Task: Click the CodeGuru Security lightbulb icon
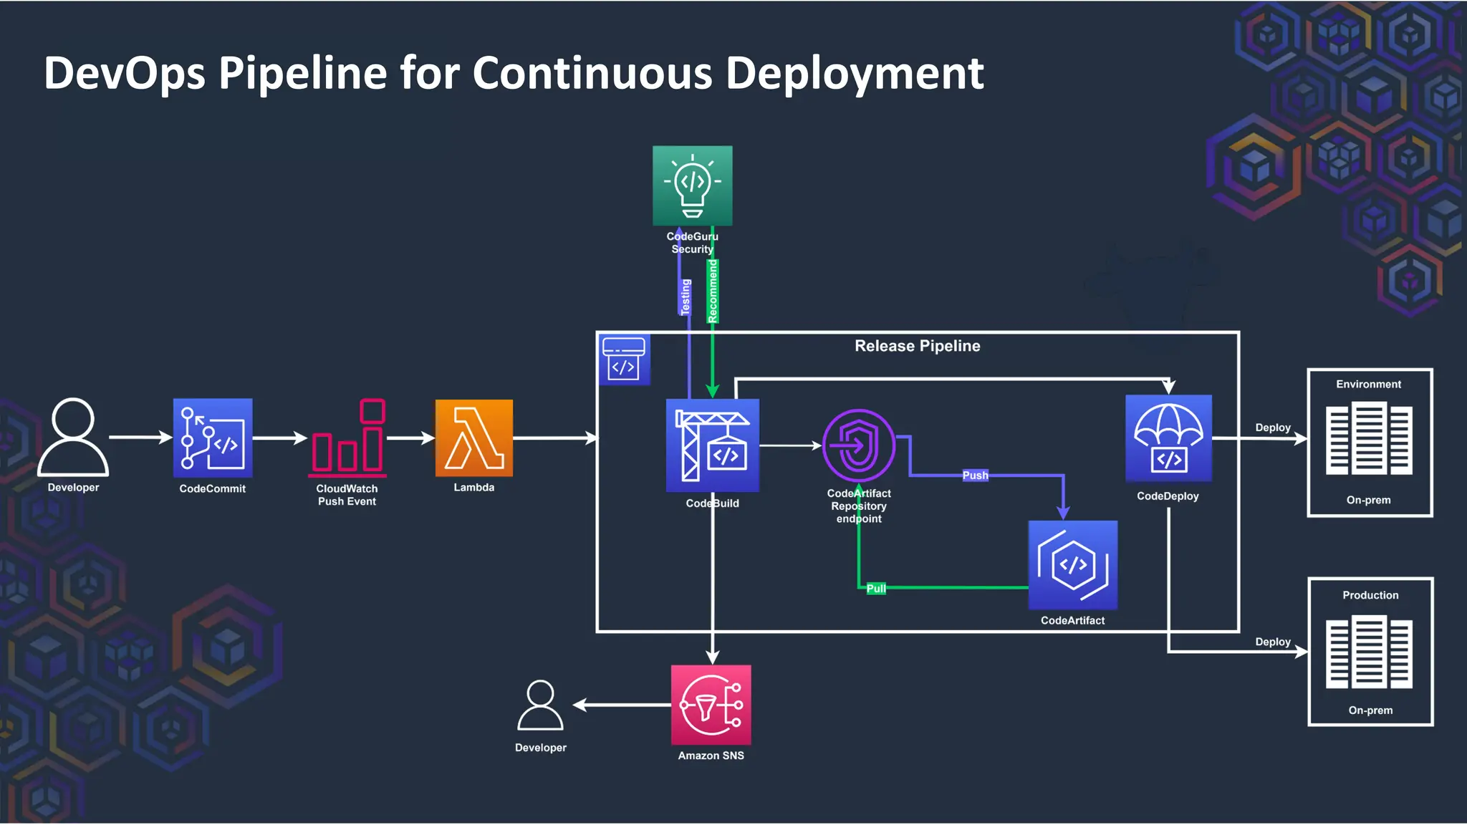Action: (x=692, y=185)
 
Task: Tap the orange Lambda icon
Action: (x=473, y=438)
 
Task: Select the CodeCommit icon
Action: (x=213, y=438)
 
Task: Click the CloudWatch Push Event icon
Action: (x=348, y=438)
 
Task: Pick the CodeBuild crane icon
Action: (x=712, y=445)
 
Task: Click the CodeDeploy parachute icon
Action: (x=1168, y=438)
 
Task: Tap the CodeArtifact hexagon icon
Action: (x=1072, y=565)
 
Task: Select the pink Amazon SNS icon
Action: (x=711, y=705)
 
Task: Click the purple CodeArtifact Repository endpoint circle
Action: (x=858, y=445)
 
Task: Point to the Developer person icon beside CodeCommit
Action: (x=73, y=437)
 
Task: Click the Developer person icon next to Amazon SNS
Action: (x=540, y=705)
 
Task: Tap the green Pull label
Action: (x=876, y=589)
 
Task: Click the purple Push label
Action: (x=975, y=476)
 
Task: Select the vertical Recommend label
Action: (x=713, y=291)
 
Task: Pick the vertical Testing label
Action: (x=686, y=296)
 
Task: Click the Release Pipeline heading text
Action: (x=917, y=346)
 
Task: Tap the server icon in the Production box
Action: (x=1369, y=652)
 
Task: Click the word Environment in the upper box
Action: (x=1368, y=385)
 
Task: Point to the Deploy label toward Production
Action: (x=1272, y=642)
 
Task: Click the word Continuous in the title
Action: (x=592, y=73)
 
